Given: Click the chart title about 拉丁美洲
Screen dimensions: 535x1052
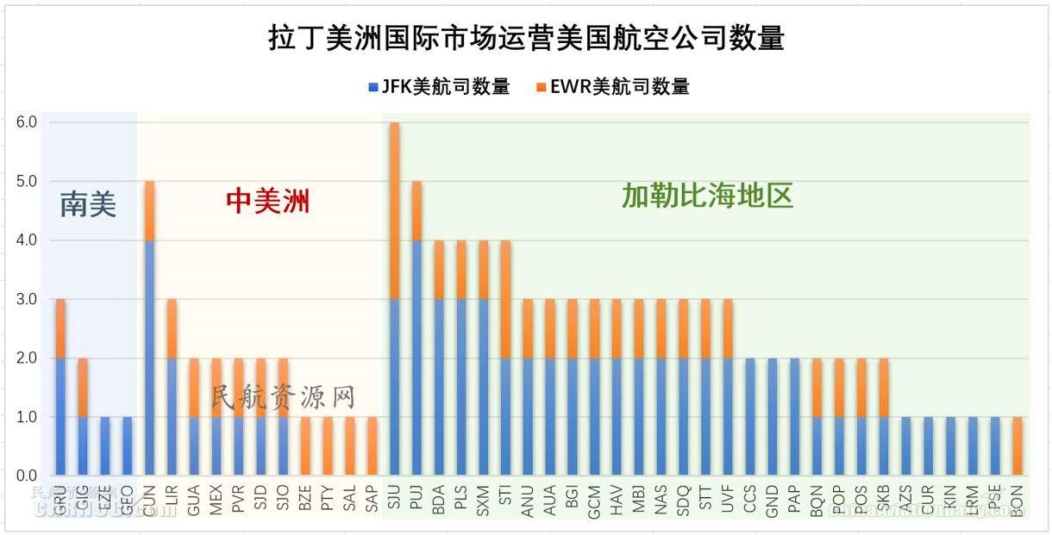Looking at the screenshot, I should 526,39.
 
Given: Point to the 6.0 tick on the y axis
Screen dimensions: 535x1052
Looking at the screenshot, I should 26,122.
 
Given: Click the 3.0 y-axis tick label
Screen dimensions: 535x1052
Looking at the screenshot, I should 26,299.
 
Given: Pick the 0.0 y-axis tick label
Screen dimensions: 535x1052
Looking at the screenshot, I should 26,476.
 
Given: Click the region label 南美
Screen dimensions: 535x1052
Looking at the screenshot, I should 88,204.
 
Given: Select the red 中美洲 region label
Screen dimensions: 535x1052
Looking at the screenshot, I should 267,201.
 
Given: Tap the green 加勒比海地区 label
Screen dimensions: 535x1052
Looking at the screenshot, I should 707,196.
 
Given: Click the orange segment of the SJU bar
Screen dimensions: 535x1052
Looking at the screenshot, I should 395,211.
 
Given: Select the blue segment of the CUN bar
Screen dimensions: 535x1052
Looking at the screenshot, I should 149,358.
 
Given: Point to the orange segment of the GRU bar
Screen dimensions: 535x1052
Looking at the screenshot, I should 60,328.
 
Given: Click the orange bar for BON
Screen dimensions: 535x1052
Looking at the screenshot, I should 1018,446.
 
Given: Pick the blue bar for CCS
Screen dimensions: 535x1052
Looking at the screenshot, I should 750,417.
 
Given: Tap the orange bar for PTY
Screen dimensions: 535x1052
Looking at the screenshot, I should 328,446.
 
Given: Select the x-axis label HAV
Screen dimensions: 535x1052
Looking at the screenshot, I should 617,501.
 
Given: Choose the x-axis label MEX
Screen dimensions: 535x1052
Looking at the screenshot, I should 216,501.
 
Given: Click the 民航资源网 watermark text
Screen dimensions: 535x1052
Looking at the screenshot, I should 283,397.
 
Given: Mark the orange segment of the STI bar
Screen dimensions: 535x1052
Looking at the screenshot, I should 506,299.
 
